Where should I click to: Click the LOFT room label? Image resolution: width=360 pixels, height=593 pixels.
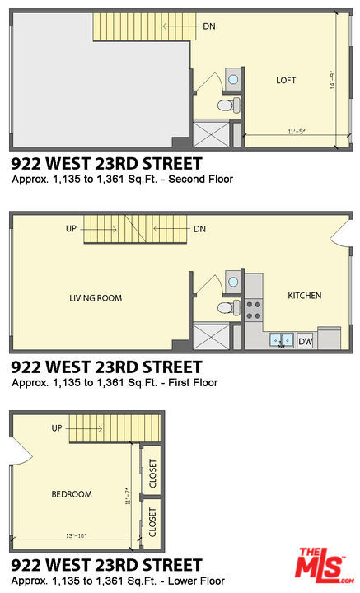[286, 80]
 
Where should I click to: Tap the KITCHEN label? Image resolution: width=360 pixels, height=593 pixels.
[305, 296]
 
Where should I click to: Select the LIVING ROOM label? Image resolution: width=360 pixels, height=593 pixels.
[96, 298]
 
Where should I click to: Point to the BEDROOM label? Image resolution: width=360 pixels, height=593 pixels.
[72, 494]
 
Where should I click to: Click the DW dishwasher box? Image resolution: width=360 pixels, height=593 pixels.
[305, 342]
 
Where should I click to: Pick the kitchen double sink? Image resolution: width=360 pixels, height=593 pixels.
[282, 340]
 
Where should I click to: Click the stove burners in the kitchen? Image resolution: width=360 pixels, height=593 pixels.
[254, 310]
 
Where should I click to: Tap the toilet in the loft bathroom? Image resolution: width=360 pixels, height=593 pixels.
[228, 105]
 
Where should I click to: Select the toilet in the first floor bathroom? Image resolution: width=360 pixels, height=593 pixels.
[228, 306]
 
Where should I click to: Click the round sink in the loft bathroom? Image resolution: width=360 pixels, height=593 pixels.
[233, 79]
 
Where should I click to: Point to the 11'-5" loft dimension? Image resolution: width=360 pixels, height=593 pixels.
[297, 132]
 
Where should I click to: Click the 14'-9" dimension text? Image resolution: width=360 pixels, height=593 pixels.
[332, 80]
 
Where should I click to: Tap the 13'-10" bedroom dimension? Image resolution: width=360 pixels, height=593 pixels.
[77, 535]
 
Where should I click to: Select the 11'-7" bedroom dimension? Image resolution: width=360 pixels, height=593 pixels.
[129, 496]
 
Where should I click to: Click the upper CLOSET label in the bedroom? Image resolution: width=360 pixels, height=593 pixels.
[152, 474]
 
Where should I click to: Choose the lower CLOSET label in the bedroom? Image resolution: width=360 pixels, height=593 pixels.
[152, 522]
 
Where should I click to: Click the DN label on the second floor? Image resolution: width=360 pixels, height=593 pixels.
[209, 26]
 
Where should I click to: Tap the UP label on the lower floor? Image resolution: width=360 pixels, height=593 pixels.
[57, 428]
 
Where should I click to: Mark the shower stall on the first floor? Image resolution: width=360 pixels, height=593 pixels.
[212, 336]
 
